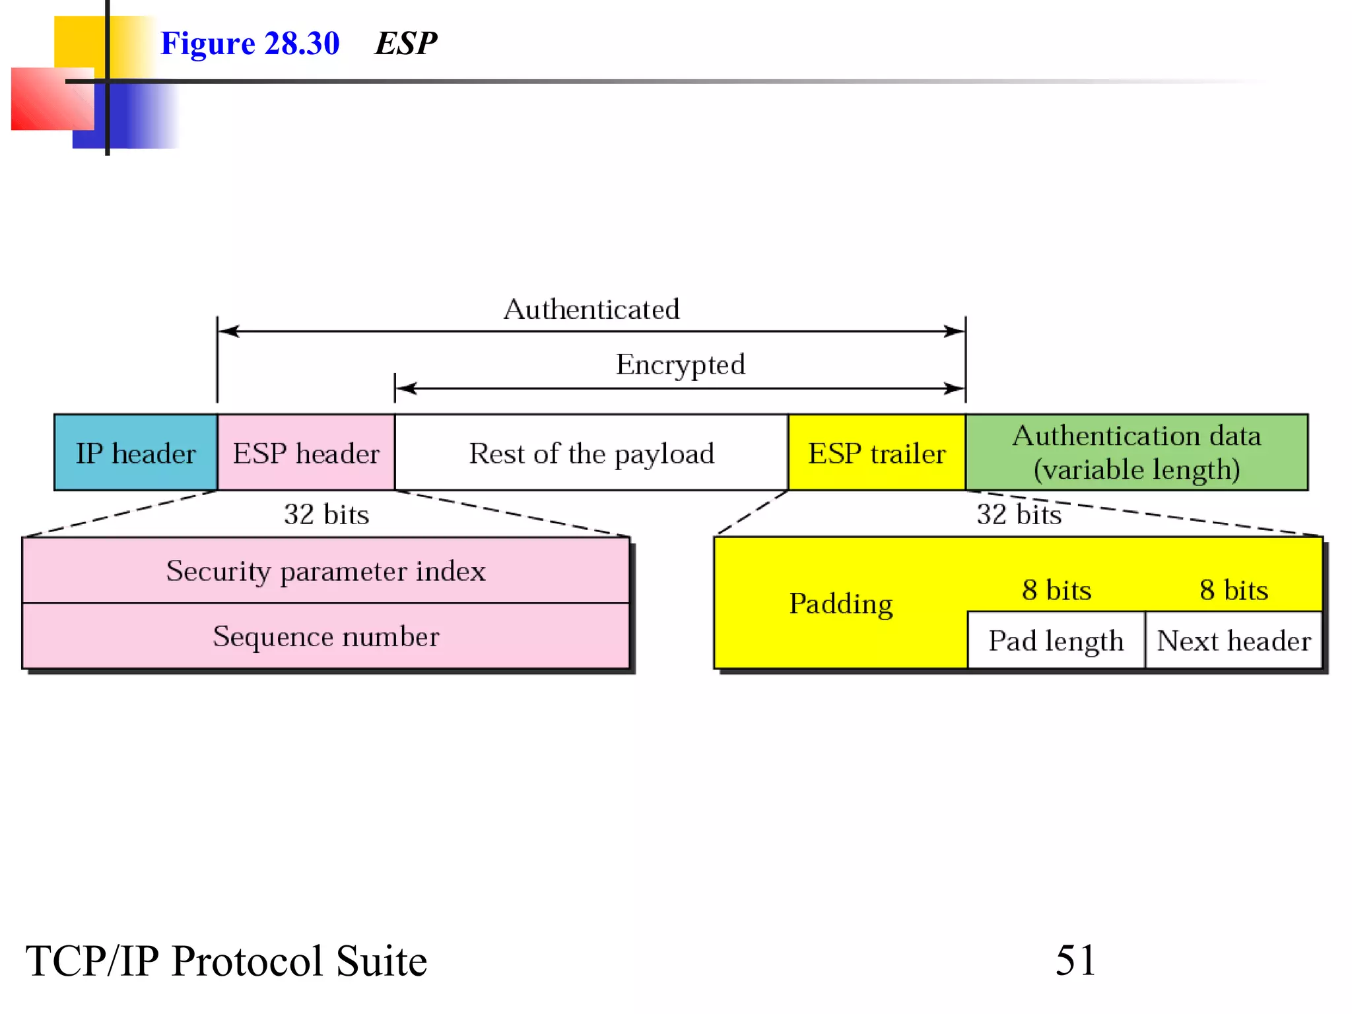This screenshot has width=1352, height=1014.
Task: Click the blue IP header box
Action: pyautogui.click(x=135, y=453)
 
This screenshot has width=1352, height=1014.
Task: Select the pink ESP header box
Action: pyautogui.click(x=306, y=453)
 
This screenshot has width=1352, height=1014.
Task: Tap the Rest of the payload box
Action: pyautogui.click(x=591, y=453)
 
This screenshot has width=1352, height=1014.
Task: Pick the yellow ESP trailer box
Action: pyautogui.click(x=877, y=453)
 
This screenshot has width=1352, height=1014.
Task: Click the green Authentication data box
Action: pyautogui.click(x=1136, y=453)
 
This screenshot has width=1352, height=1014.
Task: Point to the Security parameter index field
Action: pyautogui.click(x=325, y=570)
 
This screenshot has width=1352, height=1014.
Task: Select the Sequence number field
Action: pyautogui.click(x=325, y=636)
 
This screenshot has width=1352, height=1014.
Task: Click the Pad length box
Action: pyautogui.click(x=1056, y=640)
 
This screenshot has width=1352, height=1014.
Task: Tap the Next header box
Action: pyautogui.click(x=1233, y=640)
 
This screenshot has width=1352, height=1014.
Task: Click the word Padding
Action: pyautogui.click(x=841, y=603)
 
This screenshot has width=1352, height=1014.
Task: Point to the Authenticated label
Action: pyautogui.click(x=591, y=309)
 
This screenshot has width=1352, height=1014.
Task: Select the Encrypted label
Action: pyautogui.click(x=680, y=364)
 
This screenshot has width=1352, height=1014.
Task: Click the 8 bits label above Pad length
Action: pyautogui.click(x=1056, y=590)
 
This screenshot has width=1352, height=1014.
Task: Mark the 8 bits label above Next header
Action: pyautogui.click(x=1233, y=590)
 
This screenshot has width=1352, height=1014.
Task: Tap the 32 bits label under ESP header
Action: pyautogui.click(x=326, y=514)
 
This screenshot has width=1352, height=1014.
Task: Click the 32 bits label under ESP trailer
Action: pyautogui.click(x=1019, y=514)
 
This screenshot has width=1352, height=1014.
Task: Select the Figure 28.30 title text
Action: pyautogui.click(x=250, y=44)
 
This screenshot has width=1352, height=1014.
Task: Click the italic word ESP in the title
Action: pyautogui.click(x=405, y=44)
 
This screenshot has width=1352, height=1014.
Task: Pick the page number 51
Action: pyautogui.click(x=1075, y=960)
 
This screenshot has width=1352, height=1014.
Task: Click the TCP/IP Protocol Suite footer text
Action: pyautogui.click(x=226, y=961)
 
